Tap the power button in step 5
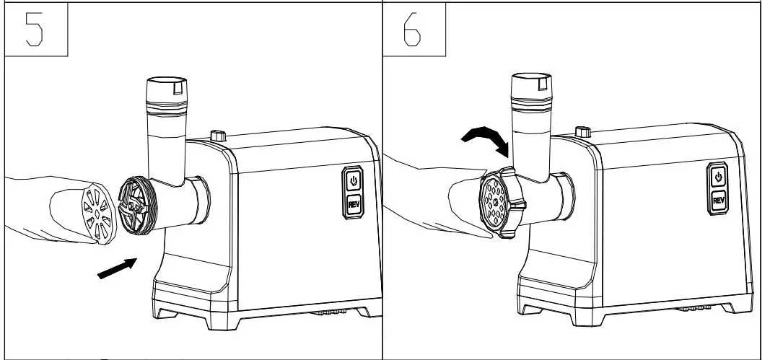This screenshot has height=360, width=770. tap(354, 179)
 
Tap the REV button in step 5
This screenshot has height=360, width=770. tap(354, 204)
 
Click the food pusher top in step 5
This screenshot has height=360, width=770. tap(167, 91)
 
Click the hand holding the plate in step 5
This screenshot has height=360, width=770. tap(43, 206)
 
